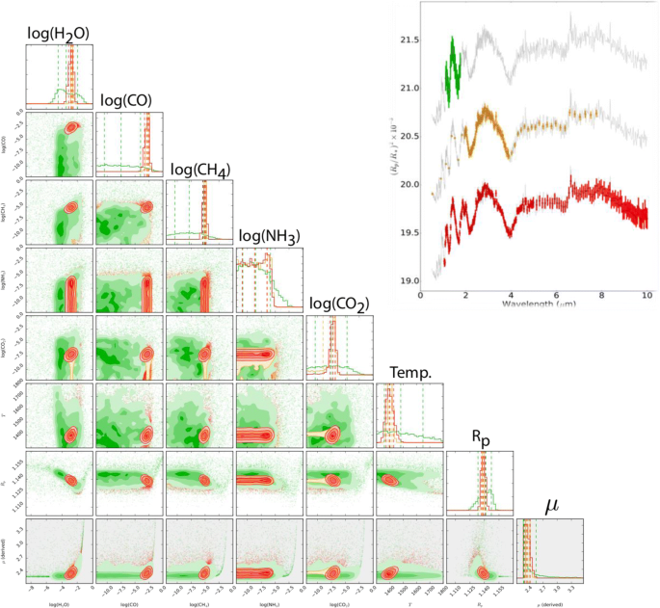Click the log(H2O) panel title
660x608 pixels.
pyautogui.click(x=58, y=35)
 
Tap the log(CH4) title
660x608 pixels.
pyautogui.click(x=199, y=170)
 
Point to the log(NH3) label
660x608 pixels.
pyautogui.click(x=269, y=237)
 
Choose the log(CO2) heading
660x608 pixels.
pyautogui.click(x=337, y=305)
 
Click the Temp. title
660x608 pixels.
pyautogui.click(x=409, y=372)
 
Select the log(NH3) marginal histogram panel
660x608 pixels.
pyautogui.click(x=269, y=278)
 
